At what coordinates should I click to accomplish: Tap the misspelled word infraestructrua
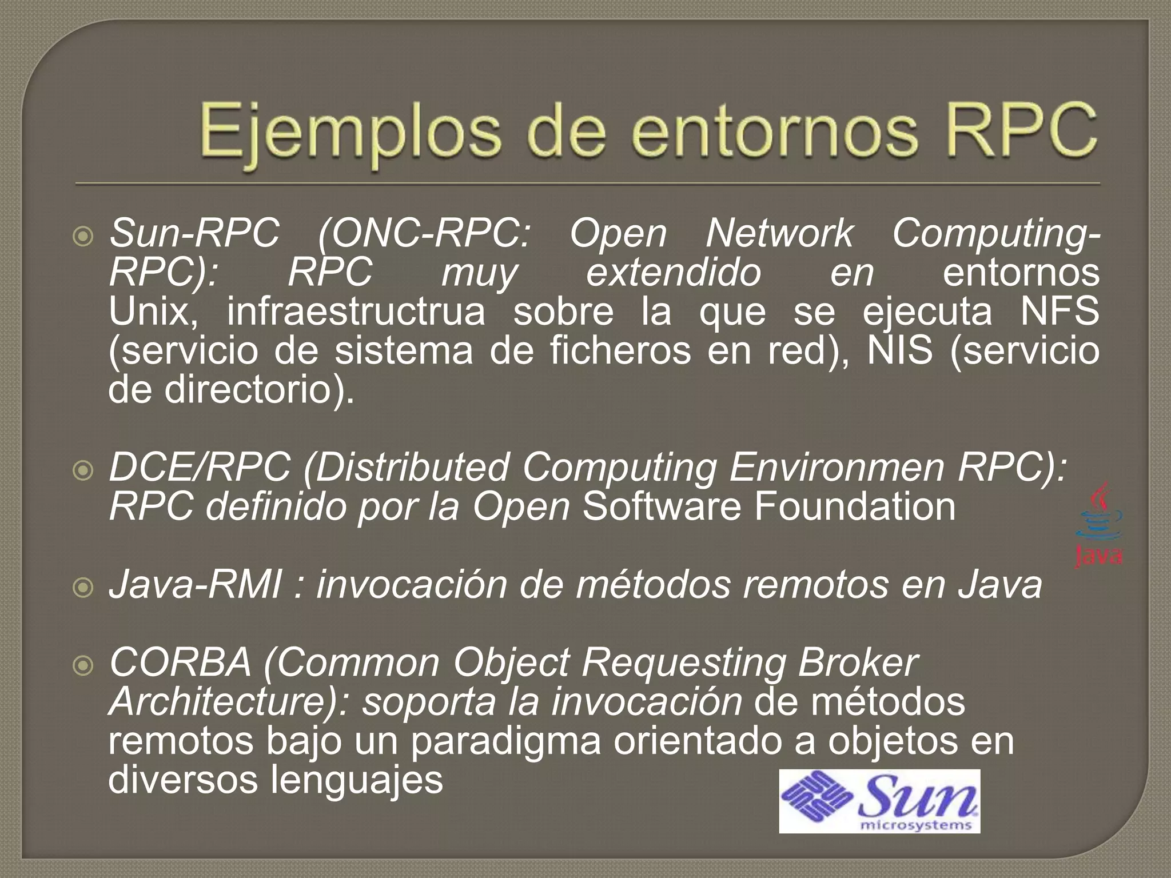(x=356, y=312)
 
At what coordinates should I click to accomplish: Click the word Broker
(x=858, y=663)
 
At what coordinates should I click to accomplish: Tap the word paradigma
(x=505, y=741)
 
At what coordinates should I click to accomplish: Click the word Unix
(x=154, y=312)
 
